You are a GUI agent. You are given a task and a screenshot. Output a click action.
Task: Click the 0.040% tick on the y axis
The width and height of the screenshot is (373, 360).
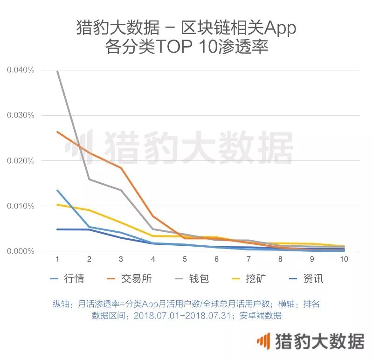click(x=21, y=70)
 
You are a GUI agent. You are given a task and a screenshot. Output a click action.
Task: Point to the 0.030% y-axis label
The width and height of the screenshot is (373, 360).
click(x=21, y=115)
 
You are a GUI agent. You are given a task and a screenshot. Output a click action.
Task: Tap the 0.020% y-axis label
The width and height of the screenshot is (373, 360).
click(x=21, y=161)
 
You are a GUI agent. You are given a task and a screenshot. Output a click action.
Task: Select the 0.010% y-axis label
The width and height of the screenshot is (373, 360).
click(x=21, y=206)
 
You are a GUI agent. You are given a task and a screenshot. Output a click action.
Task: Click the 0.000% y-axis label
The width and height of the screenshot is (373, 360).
click(x=21, y=251)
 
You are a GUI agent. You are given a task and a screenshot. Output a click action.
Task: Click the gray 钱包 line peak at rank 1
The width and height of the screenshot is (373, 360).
click(x=57, y=71)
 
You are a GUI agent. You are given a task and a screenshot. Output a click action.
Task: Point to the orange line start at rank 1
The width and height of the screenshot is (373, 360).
click(x=57, y=132)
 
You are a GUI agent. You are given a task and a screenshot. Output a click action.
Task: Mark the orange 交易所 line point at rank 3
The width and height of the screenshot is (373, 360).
click(x=121, y=167)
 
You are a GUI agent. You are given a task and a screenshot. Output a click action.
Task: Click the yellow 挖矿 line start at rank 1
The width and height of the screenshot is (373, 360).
click(x=57, y=205)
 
